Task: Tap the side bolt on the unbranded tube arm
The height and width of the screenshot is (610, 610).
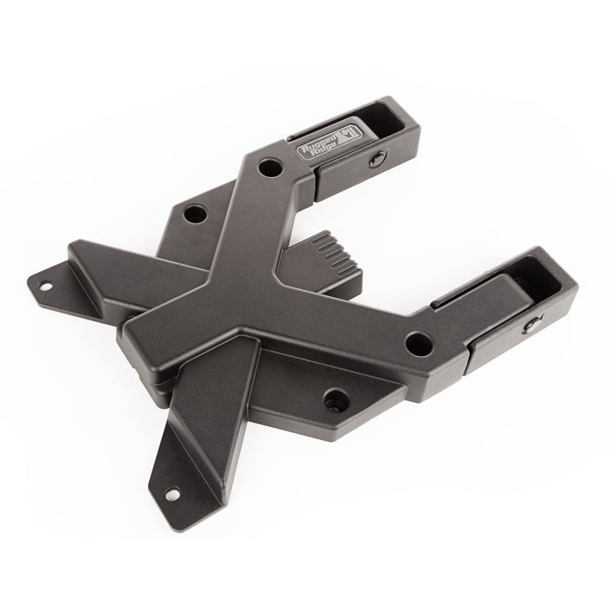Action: [528, 328]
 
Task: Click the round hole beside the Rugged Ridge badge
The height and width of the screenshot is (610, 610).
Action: [268, 165]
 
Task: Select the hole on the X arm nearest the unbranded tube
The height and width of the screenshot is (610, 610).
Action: [416, 341]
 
